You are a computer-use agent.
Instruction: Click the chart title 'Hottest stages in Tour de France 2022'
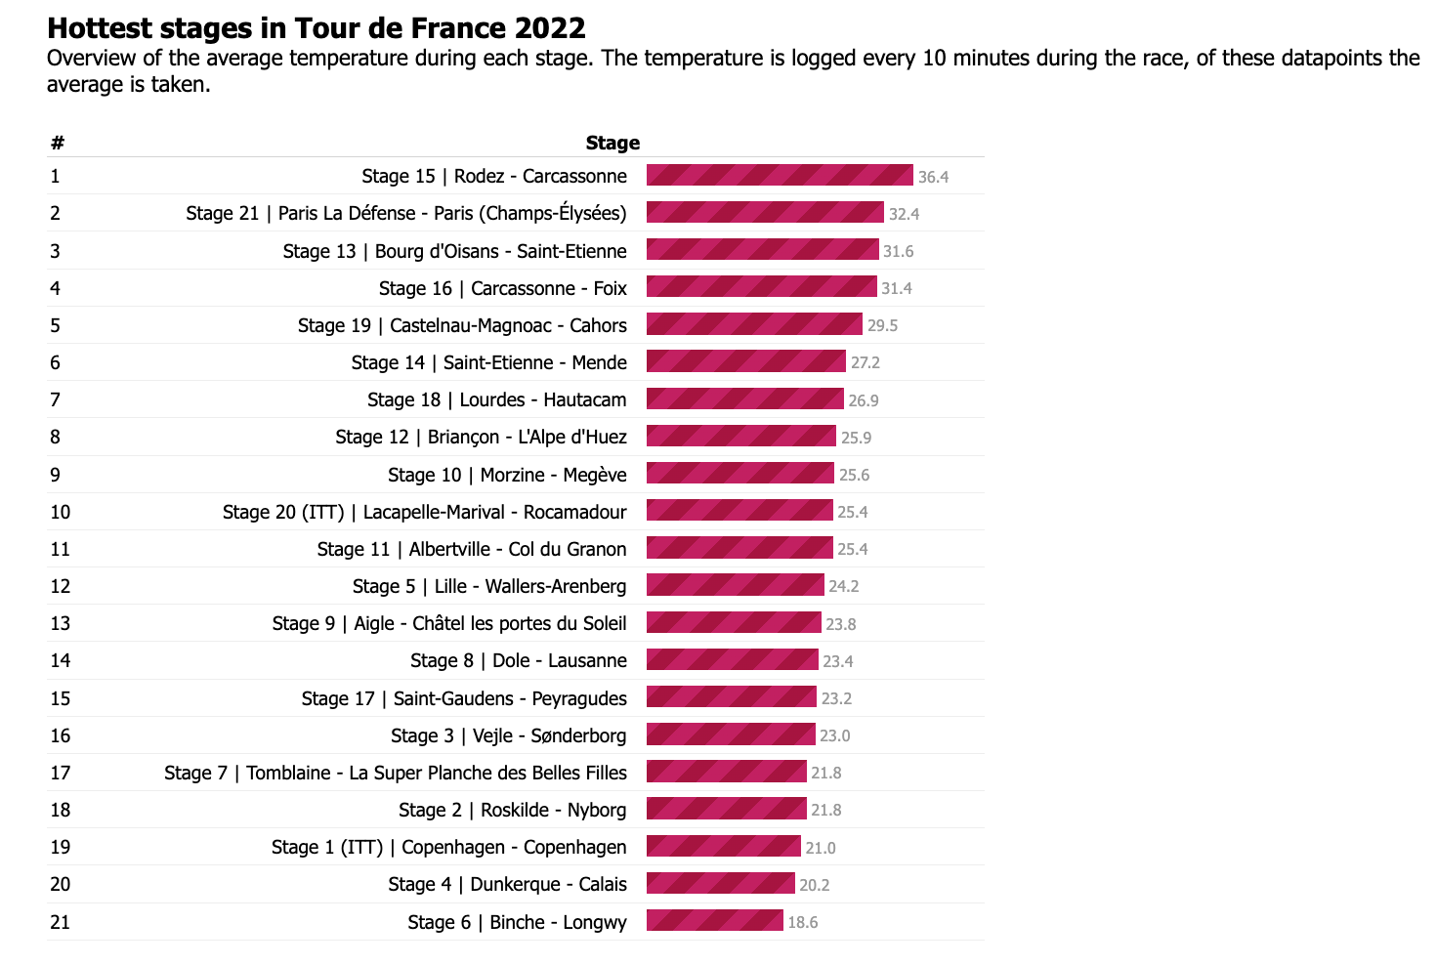pyautogui.click(x=317, y=27)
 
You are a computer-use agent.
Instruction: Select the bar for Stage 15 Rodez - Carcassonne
pyautogui.click(x=780, y=176)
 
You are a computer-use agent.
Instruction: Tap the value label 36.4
pyautogui.click(x=933, y=177)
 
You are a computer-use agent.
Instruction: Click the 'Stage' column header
pyautogui.click(x=612, y=143)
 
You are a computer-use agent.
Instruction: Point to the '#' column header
pyautogui.click(x=58, y=143)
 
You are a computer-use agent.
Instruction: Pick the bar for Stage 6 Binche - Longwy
pyautogui.click(x=714, y=921)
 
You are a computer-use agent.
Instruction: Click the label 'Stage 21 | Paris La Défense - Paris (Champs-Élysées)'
pyautogui.click(x=406, y=213)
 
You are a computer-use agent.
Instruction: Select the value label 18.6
pyautogui.click(x=803, y=922)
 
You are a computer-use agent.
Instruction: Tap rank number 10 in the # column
pyautogui.click(x=61, y=512)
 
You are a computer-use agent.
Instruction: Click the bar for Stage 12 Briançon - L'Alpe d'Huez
pyautogui.click(x=741, y=437)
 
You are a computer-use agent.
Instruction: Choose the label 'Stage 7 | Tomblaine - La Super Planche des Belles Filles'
pyautogui.click(x=396, y=773)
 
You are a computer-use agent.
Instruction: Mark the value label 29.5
pyautogui.click(x=882, y=325)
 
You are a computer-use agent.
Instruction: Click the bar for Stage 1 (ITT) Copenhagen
pyautogui.click(x=724, y=847)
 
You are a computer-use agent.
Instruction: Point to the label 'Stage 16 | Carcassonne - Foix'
pyautogui.click(x=503, y=288)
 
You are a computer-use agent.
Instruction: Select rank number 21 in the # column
pyautogui.click(x=61, y=922)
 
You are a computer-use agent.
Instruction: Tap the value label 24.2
pyautogui.click(x=844, y=586)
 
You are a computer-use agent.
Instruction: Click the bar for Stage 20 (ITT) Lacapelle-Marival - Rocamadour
pyautogui.click(x=739, y=511)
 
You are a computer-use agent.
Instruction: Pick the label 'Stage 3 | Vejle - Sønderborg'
pyautogui.click(x=509, y=735)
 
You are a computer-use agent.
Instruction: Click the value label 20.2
pyautogui.click(x=815, y=885)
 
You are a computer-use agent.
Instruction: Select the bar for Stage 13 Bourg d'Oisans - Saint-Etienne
pyautogui.click(x=763, y=250)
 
